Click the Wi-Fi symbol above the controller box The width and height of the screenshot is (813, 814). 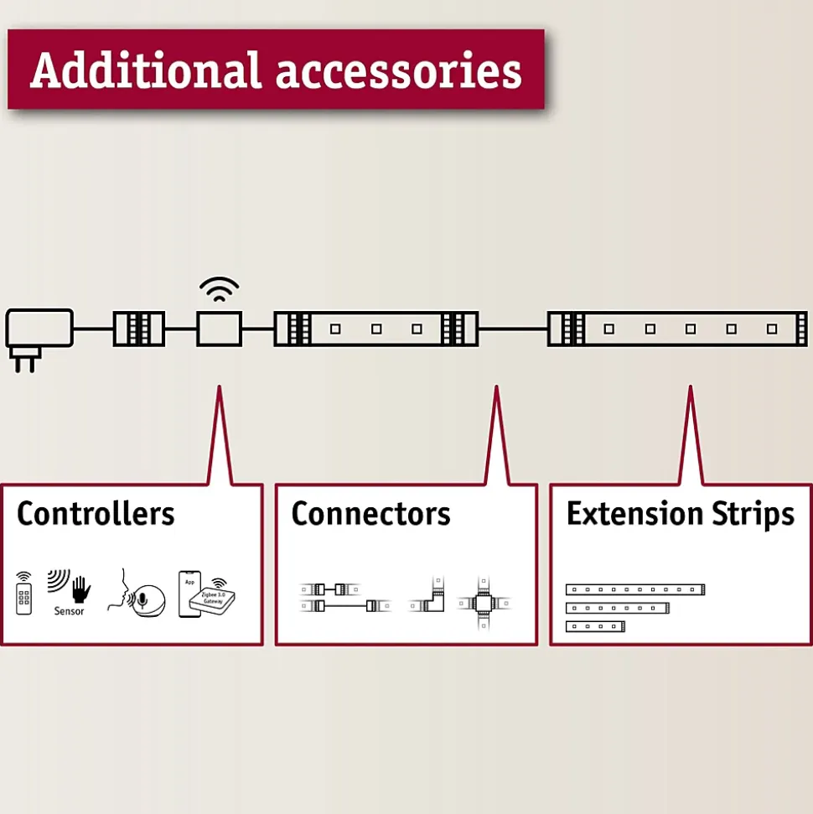click(219, 290)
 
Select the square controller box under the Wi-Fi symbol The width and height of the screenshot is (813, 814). click(219, 329)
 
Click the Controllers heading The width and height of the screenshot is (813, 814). click(96, 513)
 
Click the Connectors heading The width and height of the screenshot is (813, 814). click(370, 513)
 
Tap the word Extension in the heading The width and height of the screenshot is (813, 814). click(634, 513)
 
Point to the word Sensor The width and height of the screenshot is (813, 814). click(70, 611)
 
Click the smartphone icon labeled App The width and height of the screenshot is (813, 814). click(189, 594)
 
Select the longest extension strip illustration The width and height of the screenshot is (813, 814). click(634, 589)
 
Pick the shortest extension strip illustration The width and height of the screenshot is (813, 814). click(596, 626)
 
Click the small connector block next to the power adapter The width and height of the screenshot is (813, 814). click(139, 329)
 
